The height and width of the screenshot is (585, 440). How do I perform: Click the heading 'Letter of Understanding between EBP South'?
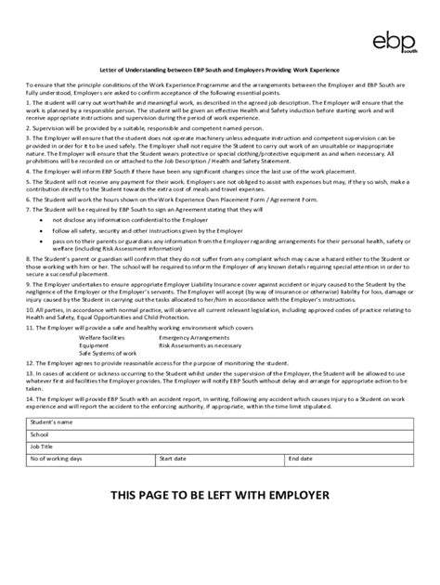pos(220,71)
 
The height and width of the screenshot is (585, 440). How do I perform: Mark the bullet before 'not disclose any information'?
pos(42,219)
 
